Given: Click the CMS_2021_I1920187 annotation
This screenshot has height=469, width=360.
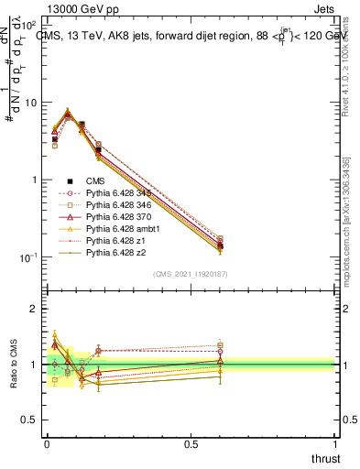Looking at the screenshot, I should pyautogui.click(x=191, y=274).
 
